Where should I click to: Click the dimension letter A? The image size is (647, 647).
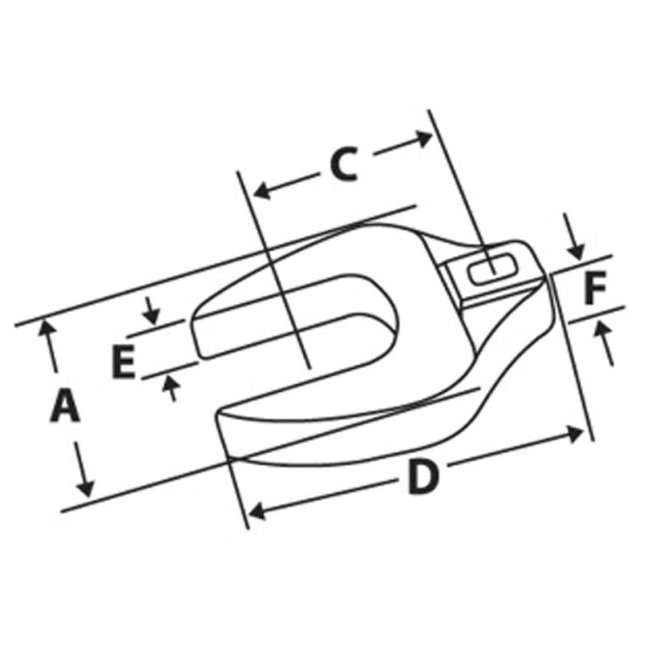[66, 406]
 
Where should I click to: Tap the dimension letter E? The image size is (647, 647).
[123, 362]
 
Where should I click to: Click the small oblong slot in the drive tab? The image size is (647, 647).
[493, 269]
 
